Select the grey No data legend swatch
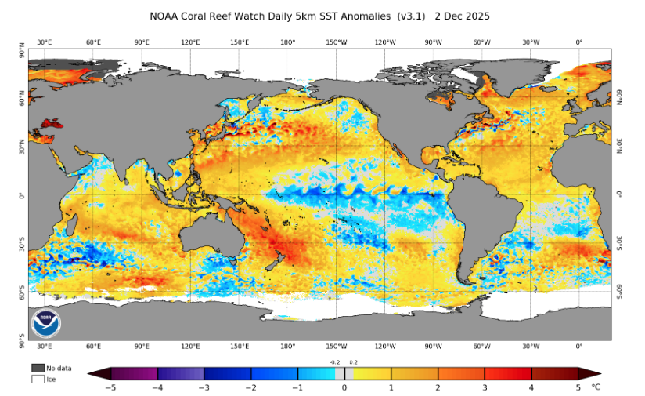pos(38,368)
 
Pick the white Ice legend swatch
pos(38,379)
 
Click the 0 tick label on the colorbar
pos(344,387)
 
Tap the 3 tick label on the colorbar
pos(485,387)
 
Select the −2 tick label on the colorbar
pos(250,387)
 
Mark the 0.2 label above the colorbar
pos(353,362)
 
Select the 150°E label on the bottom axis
pos(240,346)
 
